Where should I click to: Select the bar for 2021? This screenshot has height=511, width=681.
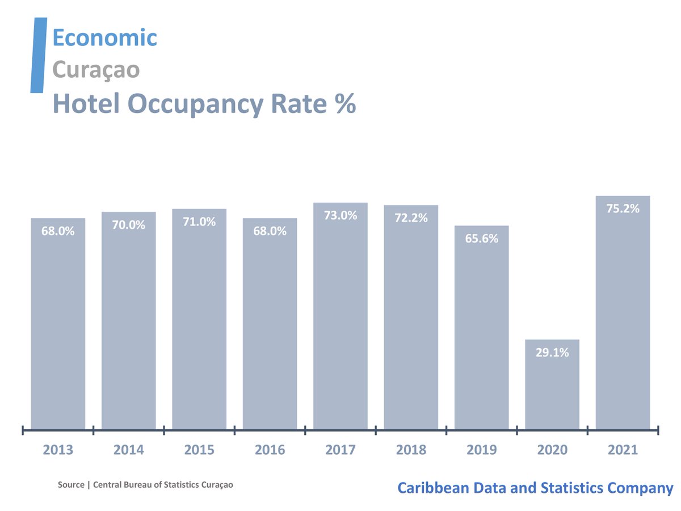pyautogui.click(x=623, y=312)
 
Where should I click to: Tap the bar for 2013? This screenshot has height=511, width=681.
pyautogui.click(x=58, y=324)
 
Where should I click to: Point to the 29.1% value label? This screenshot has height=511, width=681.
pyautogui.click(x=552, y=353)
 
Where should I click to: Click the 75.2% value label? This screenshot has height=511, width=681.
pyautogui.click(x=623, y=209)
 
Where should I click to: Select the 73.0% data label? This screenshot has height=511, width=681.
pyautogui.click(x=340, y=216)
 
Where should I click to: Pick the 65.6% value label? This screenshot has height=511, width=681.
pyautogui.click(x=481, y=239)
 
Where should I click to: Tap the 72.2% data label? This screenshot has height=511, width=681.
pyautogui.click(x=411, y=218)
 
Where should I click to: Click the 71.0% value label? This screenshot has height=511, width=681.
pyautogui.click(x=199, y=222)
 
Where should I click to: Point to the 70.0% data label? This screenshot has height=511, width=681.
pyautogui.click(x=129, y=225)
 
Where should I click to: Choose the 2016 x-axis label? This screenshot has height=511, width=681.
pyautogui.click(x=270, y=450)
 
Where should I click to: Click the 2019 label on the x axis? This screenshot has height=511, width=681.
pyautogui.click(x=481, y=450)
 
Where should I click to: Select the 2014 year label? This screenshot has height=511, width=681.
pyautogui.click(x=129, y=450)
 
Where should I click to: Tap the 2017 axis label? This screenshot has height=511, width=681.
pyautogui.click(x=340, y=450)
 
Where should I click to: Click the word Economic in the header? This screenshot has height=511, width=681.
pyautogui.click(x=104, y=38)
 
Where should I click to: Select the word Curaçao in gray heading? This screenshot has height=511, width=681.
pyautogui.click(x=96, y=70)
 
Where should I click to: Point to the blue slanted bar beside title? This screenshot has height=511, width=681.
pyautogui.click(x=38, y=55)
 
